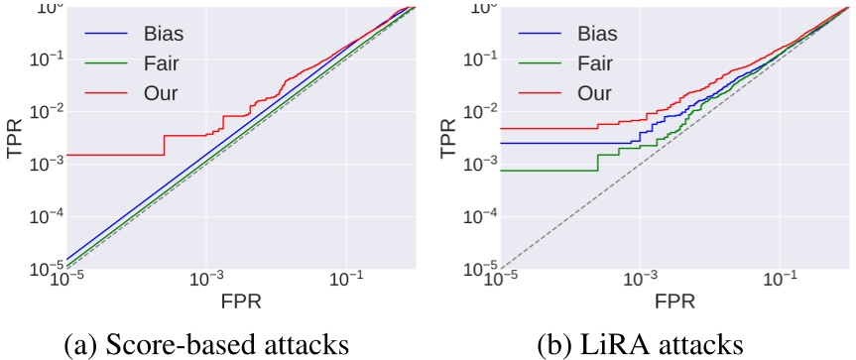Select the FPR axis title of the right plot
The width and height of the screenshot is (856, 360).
pyautogui.click(x=675, y=297)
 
